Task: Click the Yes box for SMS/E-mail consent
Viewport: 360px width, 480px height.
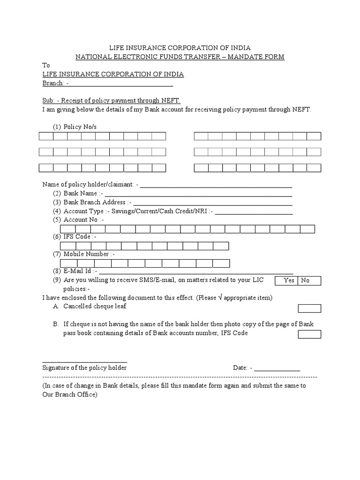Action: point(289,280)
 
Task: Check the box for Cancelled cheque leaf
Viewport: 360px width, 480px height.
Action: point(309,308)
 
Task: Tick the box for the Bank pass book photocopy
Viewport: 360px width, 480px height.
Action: point(309,334)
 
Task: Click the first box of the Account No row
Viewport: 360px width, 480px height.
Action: point(68,229)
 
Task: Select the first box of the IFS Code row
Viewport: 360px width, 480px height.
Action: point(68,246)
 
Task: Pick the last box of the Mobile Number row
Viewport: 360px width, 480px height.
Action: point(221,263)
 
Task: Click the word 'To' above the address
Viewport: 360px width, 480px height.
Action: point(46,66)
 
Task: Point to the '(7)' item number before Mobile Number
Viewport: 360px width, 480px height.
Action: point(57,254)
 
